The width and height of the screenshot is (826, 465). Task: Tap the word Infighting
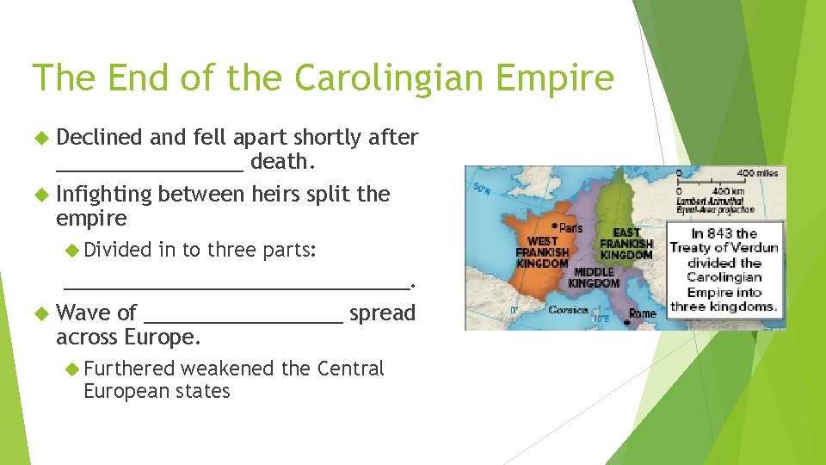pos(103,195)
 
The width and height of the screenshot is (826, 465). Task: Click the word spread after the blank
pos(383,313)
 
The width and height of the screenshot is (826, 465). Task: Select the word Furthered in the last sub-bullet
pos(129,369)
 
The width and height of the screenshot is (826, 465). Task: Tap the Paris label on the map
pos(569,227)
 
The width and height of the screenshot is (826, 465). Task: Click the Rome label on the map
pos(642,313)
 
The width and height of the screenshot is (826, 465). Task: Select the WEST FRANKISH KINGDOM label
pos(542,252)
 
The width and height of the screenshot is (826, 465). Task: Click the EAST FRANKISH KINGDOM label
pos(626,244)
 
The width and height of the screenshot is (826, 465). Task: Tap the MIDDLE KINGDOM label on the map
pos(594,277)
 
